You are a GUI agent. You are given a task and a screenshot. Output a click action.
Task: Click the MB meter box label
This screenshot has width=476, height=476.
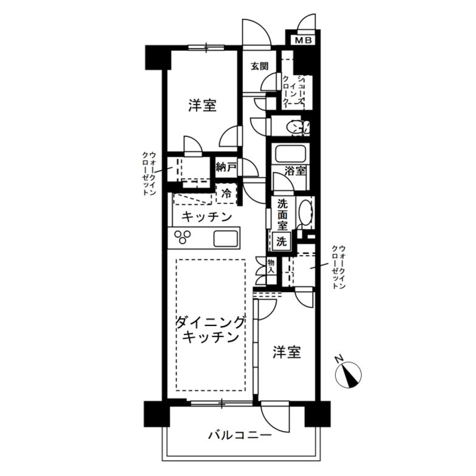coord(304,41)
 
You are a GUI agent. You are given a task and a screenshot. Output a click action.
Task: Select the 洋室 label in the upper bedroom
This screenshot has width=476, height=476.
coord(202,105)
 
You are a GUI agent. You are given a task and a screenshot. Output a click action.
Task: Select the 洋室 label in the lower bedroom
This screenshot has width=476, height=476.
coord(286,352)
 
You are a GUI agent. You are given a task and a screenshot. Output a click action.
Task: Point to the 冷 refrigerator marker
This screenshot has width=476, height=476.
coord(226,195)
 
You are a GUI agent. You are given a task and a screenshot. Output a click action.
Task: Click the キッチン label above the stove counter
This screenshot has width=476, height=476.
coord(207,217)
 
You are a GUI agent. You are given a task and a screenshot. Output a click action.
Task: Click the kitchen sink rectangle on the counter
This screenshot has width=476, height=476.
coord(225,239)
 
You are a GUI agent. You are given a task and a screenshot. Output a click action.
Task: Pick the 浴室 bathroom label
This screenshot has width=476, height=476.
coord(296,171)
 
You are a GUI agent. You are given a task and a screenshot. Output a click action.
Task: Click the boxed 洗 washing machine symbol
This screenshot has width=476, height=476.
coord(282,241)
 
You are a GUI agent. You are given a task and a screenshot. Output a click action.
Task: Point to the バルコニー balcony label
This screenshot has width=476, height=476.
coord(239,435)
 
